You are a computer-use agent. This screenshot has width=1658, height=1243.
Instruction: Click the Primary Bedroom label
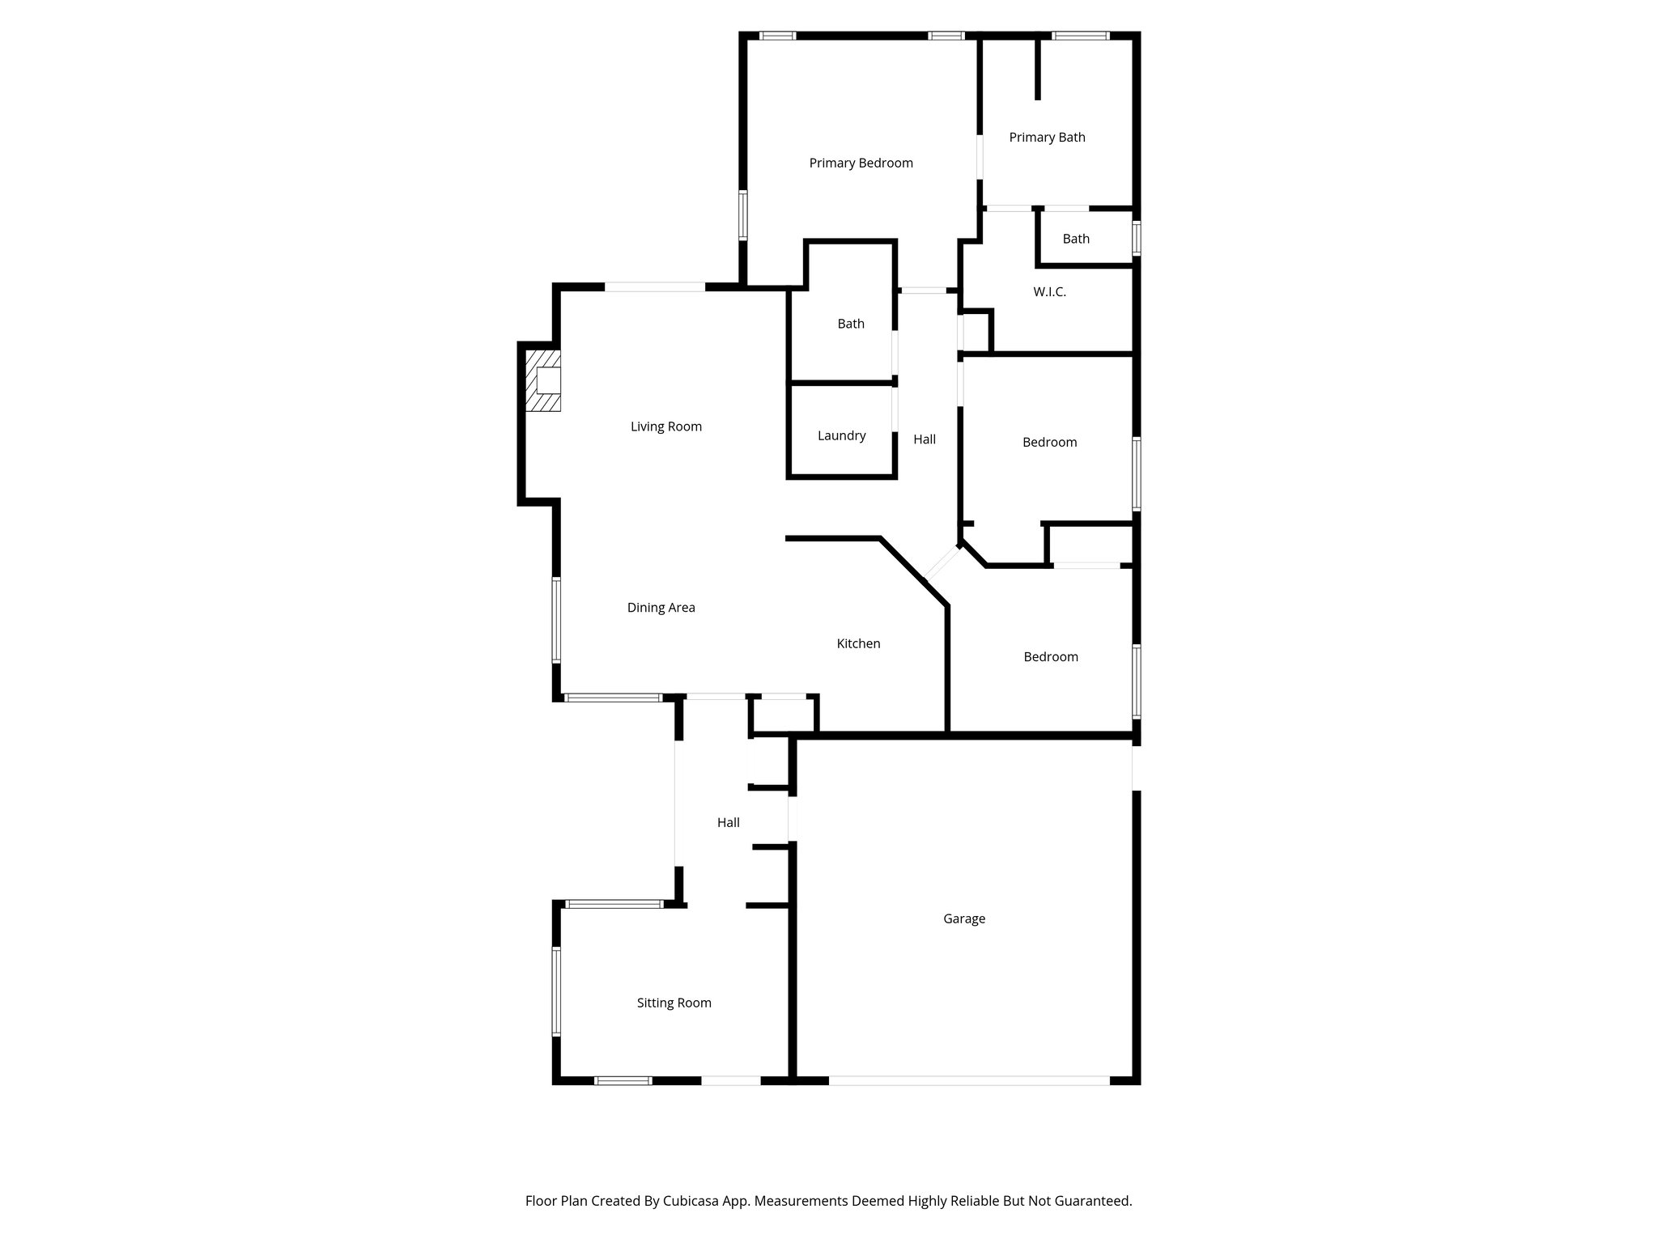point(861,163)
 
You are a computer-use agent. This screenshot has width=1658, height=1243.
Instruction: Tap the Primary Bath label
point(1047,138)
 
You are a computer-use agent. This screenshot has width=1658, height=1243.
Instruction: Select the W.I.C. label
point(1049,292)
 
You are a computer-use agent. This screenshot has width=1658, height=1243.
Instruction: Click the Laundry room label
point(841,436)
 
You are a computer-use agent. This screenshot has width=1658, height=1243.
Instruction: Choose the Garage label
point(963,919)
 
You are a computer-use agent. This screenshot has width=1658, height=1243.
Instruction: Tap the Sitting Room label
point(674,1003)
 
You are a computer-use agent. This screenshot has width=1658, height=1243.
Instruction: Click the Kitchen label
point(858,644)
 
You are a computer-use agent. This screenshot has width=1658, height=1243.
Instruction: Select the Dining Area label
point(661,608)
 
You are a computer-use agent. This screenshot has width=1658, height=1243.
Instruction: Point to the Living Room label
point(665,426)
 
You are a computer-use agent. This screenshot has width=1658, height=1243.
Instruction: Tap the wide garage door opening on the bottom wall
point(968,1080)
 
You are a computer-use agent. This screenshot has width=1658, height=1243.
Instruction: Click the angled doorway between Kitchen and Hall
point(942,564)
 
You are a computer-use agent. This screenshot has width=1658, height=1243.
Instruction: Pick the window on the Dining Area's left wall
point(556,620)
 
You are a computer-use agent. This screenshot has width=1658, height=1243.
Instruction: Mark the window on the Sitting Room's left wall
point(556,991)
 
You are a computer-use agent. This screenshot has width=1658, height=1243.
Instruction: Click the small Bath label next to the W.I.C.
point(1076,240)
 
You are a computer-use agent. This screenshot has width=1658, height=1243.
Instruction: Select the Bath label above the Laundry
point(850,325)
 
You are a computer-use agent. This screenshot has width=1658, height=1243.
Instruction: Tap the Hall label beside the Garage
point(728,823)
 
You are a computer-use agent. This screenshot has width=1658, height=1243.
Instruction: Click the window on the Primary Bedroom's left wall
point(742,215)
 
